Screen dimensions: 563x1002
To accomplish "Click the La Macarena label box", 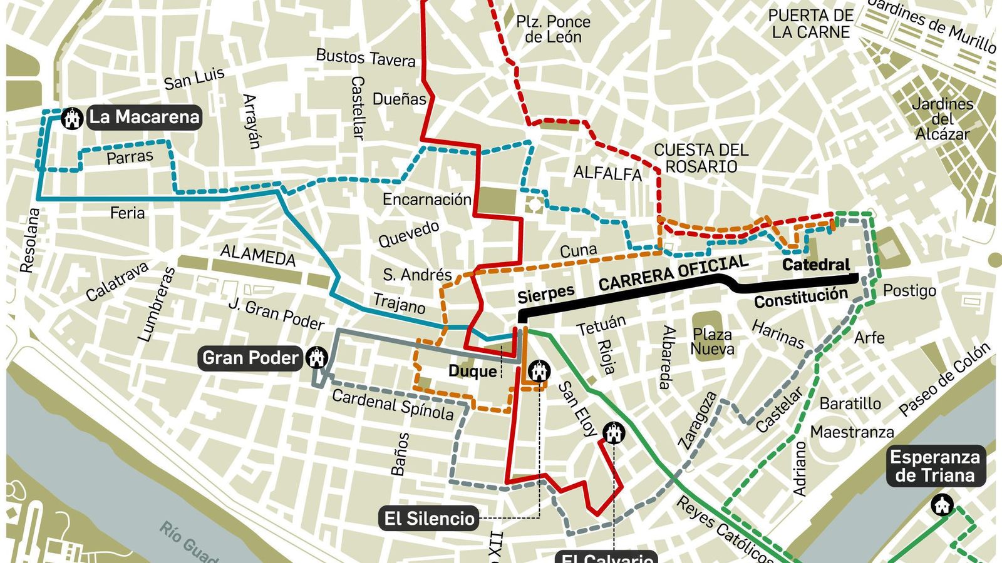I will point(144,117).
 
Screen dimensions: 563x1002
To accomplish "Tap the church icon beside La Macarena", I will point(73,118).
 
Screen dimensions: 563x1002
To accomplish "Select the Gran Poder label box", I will point(250,358).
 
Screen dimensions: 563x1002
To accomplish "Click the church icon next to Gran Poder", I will point(317,358).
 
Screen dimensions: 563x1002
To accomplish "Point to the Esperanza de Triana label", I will point(935,467).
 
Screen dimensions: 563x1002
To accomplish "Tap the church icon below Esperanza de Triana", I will point(942,505).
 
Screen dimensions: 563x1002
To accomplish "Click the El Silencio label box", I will point(429,519).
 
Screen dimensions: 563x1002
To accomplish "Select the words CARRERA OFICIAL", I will point(673,273).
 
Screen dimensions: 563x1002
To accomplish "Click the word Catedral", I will point(816,265).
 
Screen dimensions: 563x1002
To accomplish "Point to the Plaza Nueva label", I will point(712,342).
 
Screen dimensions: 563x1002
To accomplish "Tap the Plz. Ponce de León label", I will point(553,29).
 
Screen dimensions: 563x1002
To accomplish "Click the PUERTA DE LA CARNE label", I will point(810,24).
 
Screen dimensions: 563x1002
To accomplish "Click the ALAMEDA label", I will point(257,256).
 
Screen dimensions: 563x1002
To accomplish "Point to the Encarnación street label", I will point(426,200).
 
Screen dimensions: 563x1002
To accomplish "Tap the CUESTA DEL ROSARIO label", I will point(701,158).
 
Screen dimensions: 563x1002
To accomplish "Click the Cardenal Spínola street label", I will point(393,405).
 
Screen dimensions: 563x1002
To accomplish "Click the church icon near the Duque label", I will point(538,371).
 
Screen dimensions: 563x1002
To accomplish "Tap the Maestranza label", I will point(852,432).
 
